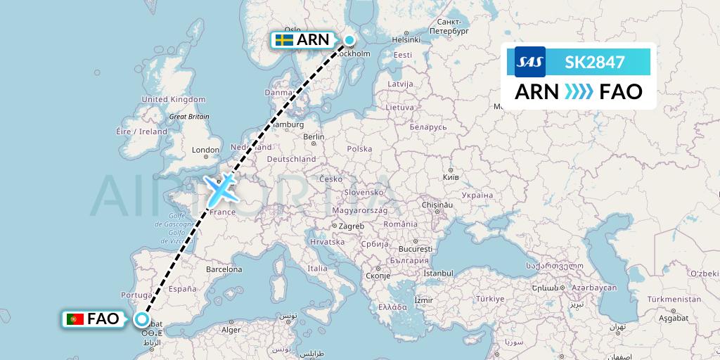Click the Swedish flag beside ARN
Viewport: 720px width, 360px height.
(x=284, y=40)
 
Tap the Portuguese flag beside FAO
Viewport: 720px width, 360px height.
(x=75, y=320)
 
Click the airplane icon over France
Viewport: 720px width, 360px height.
(x=221, y=188)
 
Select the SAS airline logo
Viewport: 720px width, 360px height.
(x=530, y=62)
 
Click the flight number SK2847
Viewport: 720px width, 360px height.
(x=595, y=62)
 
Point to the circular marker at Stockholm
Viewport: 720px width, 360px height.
(x=349, y=39)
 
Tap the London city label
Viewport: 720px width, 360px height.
(x=206, y=150)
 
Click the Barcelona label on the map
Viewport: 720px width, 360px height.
(x=224, y=269)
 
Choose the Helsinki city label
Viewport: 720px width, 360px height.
(x=405, y=39)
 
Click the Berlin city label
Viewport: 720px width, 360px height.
(x=314, y=136)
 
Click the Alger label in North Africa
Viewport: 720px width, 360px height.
(x=231, y=330)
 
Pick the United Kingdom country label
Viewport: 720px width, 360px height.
(x=173, y=100)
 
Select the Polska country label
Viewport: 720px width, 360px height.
(x=359, y=149)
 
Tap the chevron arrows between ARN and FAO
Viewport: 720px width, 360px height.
(x=579, y=91)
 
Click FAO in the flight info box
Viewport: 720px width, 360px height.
(x=621, y=91)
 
